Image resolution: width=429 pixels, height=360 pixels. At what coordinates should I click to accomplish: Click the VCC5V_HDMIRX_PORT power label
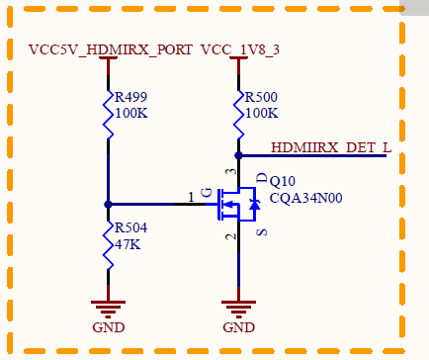[111, 49]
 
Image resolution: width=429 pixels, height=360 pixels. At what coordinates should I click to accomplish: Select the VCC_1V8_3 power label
[240, 49]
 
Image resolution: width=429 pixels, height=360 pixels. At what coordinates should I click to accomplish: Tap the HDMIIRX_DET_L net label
[331, 147]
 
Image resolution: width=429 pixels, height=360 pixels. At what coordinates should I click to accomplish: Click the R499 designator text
[130, 97]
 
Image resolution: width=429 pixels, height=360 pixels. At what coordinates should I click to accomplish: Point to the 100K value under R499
[131, 113]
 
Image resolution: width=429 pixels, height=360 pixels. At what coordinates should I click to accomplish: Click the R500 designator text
[261, 97]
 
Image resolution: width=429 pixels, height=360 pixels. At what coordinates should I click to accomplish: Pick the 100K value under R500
[262, 113]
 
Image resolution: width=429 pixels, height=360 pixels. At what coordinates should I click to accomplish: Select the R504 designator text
[130, 227]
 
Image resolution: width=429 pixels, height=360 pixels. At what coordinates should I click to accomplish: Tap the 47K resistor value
[128, 244]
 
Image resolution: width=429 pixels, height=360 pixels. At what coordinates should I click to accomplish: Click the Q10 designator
[283, 181]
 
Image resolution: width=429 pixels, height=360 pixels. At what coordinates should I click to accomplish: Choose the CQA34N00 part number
[305, 198]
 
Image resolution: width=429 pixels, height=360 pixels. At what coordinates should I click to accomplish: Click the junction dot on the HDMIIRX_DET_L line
[238, 155]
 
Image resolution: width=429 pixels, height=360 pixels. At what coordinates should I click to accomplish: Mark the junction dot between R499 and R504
[108, 205]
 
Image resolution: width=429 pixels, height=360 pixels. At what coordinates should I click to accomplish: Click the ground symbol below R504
[108, 309]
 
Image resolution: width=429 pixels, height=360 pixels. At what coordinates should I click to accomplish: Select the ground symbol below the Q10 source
[238, 309]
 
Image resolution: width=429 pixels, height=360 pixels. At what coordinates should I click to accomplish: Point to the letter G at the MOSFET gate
[207, 193]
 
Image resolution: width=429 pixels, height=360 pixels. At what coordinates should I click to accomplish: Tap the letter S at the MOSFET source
[262, 232]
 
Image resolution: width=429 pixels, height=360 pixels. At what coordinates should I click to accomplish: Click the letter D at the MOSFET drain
[262, 178]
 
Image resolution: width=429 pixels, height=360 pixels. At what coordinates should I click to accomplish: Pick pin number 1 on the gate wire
[191, 197]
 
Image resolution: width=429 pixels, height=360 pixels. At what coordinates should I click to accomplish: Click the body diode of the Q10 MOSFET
[254, 205]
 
